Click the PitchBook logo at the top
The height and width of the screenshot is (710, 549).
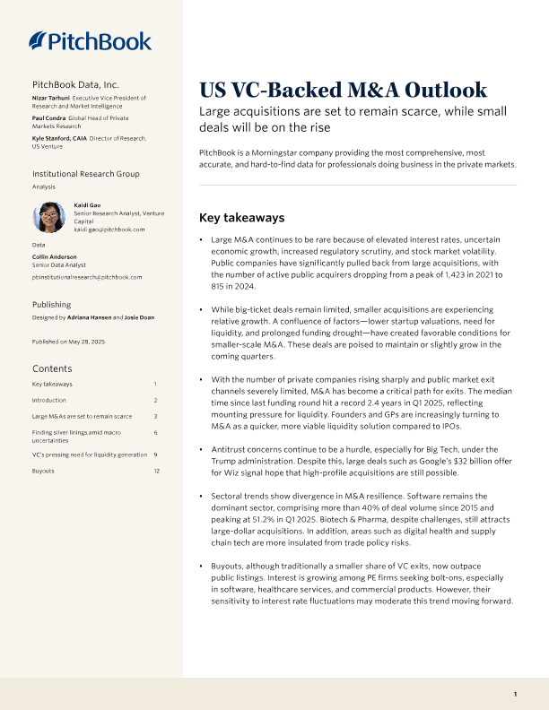[91, 40]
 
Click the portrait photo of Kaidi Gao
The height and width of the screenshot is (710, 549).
[49, 218]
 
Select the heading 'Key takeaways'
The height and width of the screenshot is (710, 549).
[241, 218]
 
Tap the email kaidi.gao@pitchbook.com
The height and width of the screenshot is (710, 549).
[109, 229]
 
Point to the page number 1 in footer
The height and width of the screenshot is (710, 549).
[515, 695]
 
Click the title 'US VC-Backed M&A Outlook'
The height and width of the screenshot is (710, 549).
[343, 90]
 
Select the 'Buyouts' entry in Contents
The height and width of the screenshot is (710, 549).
[44, 471]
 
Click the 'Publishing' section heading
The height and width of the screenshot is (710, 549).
[51, 305]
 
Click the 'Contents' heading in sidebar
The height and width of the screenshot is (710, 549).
[52, 368]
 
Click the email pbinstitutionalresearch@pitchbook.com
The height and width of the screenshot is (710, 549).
[87, 277]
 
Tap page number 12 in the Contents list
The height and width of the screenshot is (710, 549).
[156, 471]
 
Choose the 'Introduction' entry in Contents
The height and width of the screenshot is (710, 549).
[49, 400]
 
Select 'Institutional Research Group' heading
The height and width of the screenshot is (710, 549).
[86, 173]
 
